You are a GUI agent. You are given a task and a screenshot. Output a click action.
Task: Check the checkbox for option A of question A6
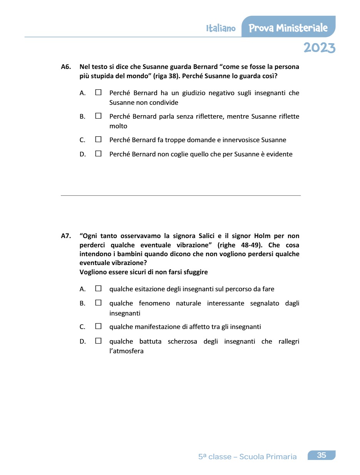click(x=98, y=92)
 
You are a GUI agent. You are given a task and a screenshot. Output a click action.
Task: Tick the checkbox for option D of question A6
click(x=98, y=154)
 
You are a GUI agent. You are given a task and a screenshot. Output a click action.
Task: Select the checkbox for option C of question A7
click(x=98, y=326)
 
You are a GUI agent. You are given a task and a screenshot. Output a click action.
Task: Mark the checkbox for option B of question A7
click(x=98, y=303)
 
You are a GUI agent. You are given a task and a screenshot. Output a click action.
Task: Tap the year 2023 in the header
click(x=319, y=48)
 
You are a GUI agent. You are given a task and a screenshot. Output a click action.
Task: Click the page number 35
click(x=321, y=455)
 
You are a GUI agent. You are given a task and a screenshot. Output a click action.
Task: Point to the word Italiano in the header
click(x=221, y=29)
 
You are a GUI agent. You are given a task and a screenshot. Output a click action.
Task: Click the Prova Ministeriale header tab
click(x=288, y=28)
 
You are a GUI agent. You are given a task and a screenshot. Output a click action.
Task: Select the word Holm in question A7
click(x=262, y=236)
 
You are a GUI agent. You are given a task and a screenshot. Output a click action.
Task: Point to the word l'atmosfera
click(x=126, y=351)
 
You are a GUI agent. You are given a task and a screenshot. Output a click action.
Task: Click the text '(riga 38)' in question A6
click(x=167, y=76)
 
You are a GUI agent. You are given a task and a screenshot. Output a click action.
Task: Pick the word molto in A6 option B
click(x=118, y=126)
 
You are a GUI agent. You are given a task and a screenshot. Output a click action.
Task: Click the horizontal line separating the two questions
click(x=181, y=195)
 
